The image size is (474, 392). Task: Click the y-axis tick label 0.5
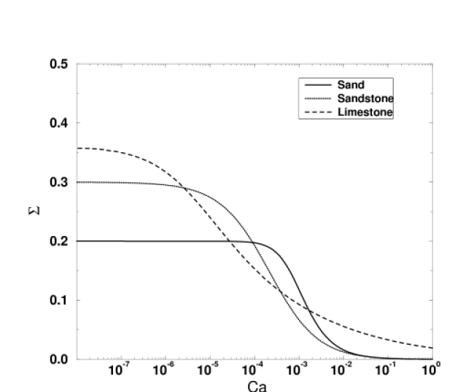(x=59, y=64)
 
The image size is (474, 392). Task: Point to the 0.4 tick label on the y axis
(x=59, y=123)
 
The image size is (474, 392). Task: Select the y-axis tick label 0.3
(x=59, y=182)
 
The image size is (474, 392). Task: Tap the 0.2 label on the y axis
(x=59, y=241)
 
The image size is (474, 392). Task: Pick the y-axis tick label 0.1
(x=59, y=300)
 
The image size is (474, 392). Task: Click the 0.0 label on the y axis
(x=59, y=359)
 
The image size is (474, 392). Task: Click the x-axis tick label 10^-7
(x=120, y=369)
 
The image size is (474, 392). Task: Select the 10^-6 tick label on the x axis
(x=164, y=369)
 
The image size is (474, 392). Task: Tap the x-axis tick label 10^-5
(x=209, y=369)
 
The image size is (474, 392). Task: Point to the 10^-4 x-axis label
(x=253, y=369)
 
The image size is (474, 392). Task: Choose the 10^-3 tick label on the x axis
(x=297, y=369)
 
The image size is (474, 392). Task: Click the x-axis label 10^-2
(x=341, y=369)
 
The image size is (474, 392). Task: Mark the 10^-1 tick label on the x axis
(x=386, y=369)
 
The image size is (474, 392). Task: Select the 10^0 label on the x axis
(x=431, y=369)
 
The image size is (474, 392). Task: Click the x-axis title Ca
(x=257, y=386)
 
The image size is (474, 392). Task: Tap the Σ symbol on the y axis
(x=34, y=211)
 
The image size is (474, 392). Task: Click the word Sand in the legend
(x=351, y=85)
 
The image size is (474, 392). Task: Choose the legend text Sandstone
(x=365, y=98)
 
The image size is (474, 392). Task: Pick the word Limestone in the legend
(x=365, y=112)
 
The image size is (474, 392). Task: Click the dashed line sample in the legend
(x=318, y=112)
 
